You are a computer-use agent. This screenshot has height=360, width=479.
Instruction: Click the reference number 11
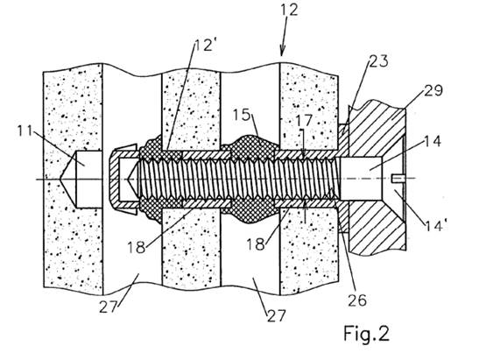[x=25, y=131]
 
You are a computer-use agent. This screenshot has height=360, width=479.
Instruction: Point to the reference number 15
[x=242, y=116]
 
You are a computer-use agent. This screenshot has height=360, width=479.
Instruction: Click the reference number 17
[x=304, y=121]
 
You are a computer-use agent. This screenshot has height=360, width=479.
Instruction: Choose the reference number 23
[x=379, y=61]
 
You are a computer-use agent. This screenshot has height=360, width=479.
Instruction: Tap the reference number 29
[x=433, y=91]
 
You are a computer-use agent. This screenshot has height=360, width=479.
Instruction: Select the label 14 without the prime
[x=432, y=142]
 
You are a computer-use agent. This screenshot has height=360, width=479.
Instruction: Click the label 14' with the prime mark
[x=436, y=225]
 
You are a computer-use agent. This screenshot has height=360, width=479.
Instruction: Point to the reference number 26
[x=357, y=300]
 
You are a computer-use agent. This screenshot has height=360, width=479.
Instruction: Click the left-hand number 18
[x=137, y=247]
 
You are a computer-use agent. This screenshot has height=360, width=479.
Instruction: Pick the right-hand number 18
[x=256, y=244]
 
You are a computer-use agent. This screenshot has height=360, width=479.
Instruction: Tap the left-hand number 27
[x=109, y=307]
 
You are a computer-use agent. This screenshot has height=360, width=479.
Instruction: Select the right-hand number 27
[x=277, y=316]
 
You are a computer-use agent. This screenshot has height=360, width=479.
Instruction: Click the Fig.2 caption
[x=367, y=333]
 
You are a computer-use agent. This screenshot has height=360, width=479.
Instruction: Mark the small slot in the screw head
[x=398, y=179]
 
